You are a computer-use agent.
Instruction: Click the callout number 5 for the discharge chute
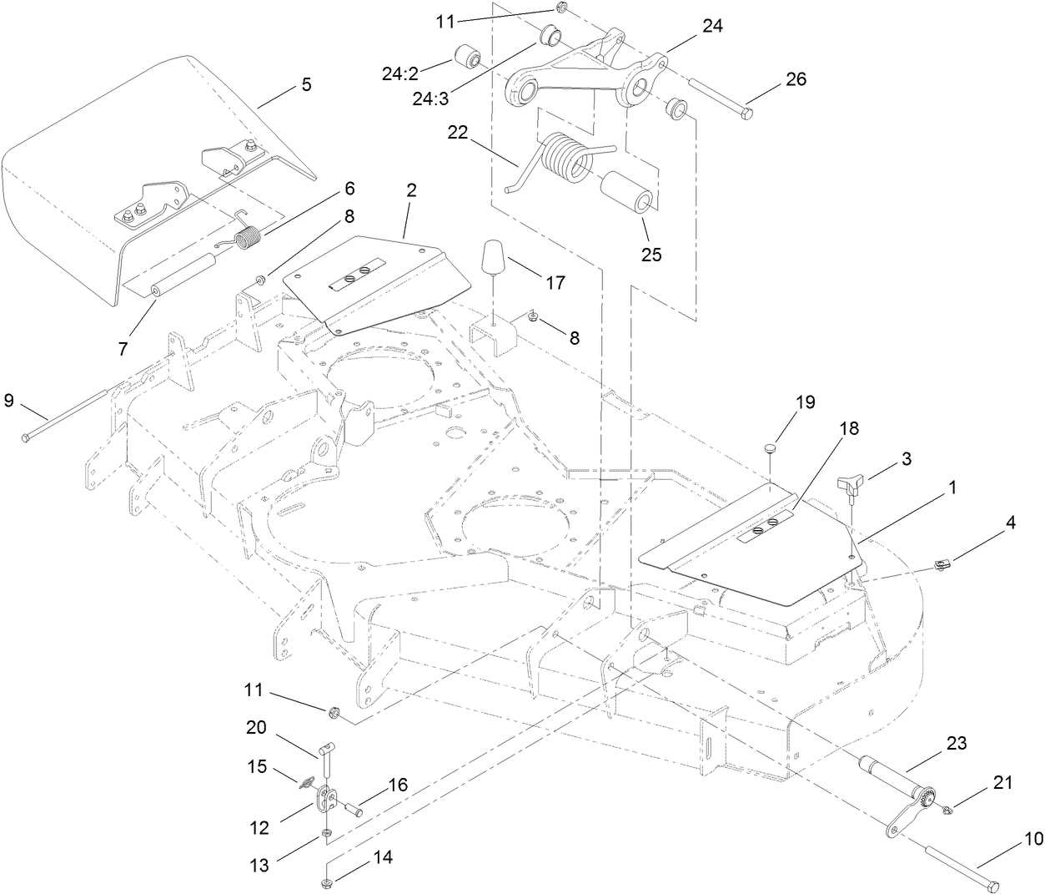(x=306, y=84)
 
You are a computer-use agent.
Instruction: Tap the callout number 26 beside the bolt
(x=796, y=79)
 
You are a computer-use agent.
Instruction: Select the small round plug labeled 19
(x=771, y=450)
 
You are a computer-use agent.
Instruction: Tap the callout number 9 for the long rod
(x=9, y=400)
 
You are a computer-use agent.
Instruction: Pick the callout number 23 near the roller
(x=957, y=743)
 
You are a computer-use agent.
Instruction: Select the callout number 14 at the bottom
(x=360, y=857)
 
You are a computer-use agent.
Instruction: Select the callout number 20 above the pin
(x=256, y=727)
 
